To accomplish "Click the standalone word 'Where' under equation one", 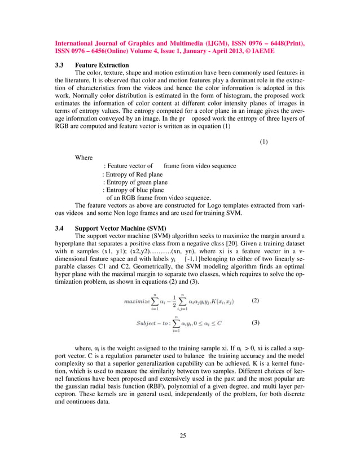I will pos(84,158).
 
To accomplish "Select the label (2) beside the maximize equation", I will pos(255,300).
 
